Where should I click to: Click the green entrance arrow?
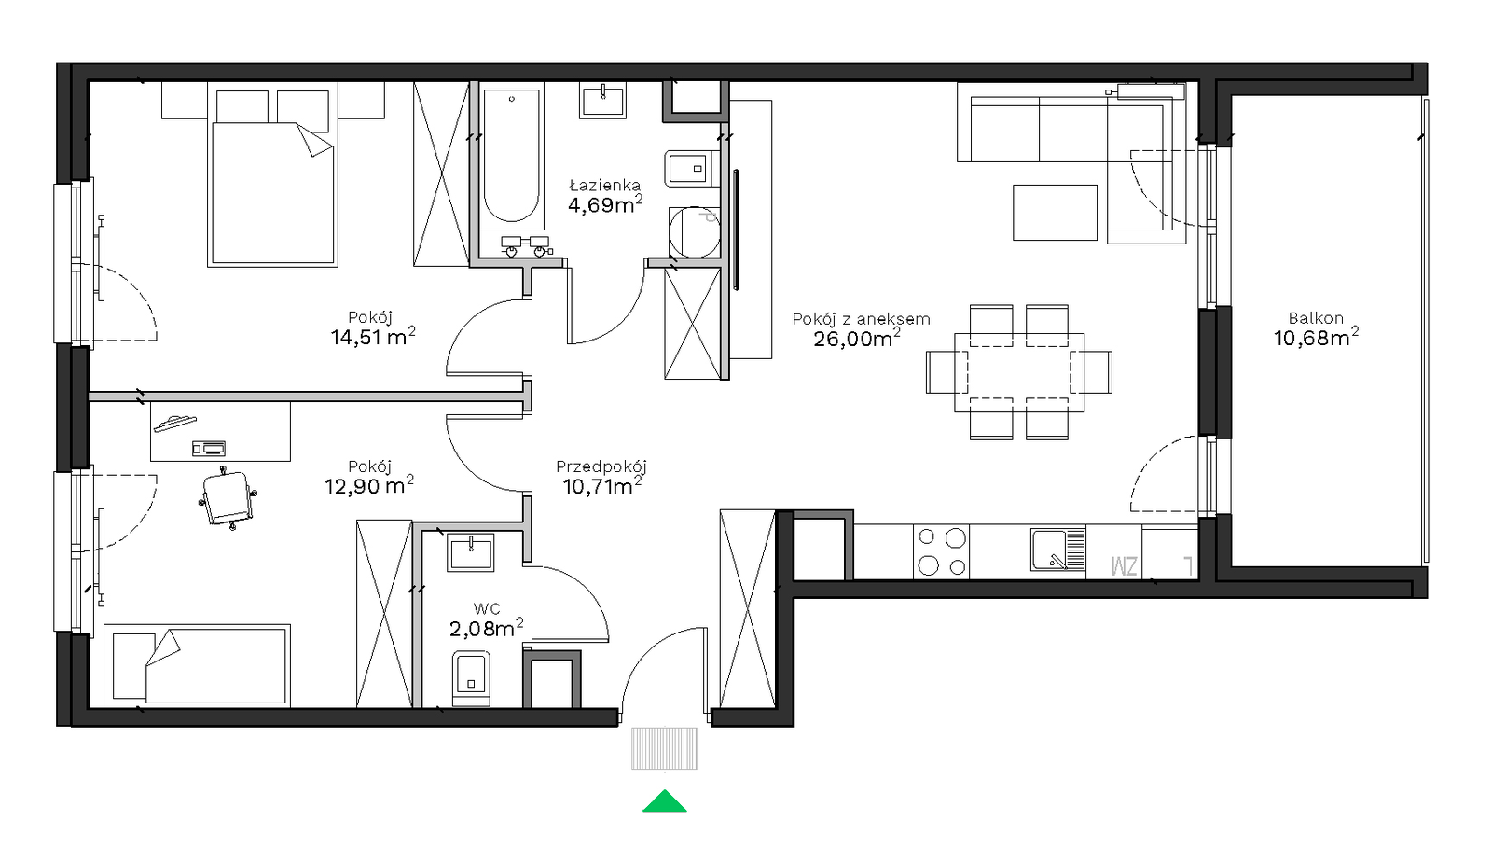click(x=664, y=801)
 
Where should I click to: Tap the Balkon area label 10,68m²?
click(x=1316, y=337)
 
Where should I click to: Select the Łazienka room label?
click(x=605, y=186)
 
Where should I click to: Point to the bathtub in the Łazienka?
click(x=511, y=156)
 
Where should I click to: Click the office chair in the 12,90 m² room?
click(x=228, y=498)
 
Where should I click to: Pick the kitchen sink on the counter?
click(x=1057, y=550)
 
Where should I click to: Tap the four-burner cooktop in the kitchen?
click(x=941, y=551)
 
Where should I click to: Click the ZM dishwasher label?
click(x=1124, y=565)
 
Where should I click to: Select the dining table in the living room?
click(x=1018, y=372)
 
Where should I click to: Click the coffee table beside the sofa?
click(x=1055, y=213)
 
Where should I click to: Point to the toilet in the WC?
click(x=471, y=678)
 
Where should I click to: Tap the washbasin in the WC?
click(x=471, y=552)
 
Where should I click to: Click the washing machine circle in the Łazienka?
click(x=694, y=232)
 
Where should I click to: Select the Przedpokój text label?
click(x=601, y=466)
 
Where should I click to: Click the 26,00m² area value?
click(x=857, y=338)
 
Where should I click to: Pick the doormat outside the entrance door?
click(x=664, y=748)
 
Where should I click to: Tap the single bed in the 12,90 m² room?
click(x=197, y=665)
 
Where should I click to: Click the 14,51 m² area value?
click(x=373, y=336)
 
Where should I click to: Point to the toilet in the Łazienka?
click(x=692, y=169)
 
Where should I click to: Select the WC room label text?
click(x=487, y=608)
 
